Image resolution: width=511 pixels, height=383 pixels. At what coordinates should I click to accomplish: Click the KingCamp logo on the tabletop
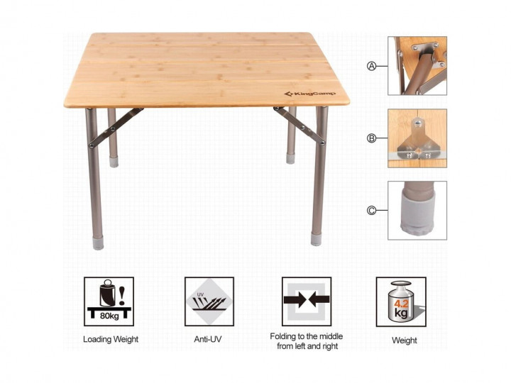[309, 94]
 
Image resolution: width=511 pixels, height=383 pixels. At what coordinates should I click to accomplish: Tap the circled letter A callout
[371, 67]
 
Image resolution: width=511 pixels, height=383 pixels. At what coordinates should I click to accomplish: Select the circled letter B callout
[371, 138]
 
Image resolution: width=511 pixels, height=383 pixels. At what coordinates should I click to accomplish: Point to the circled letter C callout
[371, 211]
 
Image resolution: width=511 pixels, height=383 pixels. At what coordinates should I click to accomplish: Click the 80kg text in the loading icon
[109, 316]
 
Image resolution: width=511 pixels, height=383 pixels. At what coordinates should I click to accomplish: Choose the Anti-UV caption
[208, 339]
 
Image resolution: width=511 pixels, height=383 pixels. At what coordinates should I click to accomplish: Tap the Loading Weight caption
[111, 339]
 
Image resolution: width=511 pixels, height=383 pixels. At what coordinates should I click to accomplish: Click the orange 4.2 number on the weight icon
[401, 304]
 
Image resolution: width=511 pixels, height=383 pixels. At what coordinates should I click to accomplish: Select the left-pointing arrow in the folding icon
[319, 299]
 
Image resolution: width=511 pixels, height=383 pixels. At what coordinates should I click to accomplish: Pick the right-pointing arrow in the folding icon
[295, 299]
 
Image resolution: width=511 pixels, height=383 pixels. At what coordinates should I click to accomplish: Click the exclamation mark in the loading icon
[122, 295]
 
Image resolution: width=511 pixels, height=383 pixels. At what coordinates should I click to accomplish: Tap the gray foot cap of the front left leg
[98, 243]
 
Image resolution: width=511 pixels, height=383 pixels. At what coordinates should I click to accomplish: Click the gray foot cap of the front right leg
[316, 239]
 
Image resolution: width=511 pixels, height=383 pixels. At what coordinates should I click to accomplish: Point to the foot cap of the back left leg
[114, 161]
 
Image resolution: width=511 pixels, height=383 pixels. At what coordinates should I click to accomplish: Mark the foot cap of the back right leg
[290, 158]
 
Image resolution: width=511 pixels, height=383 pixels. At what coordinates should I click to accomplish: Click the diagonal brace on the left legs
[116, 128]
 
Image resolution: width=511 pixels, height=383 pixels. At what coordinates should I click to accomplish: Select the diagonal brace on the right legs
[300, 125]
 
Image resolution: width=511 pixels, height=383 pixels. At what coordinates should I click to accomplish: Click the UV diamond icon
[209, 301]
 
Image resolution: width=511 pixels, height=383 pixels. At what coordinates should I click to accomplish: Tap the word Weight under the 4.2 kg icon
[405, 340]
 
